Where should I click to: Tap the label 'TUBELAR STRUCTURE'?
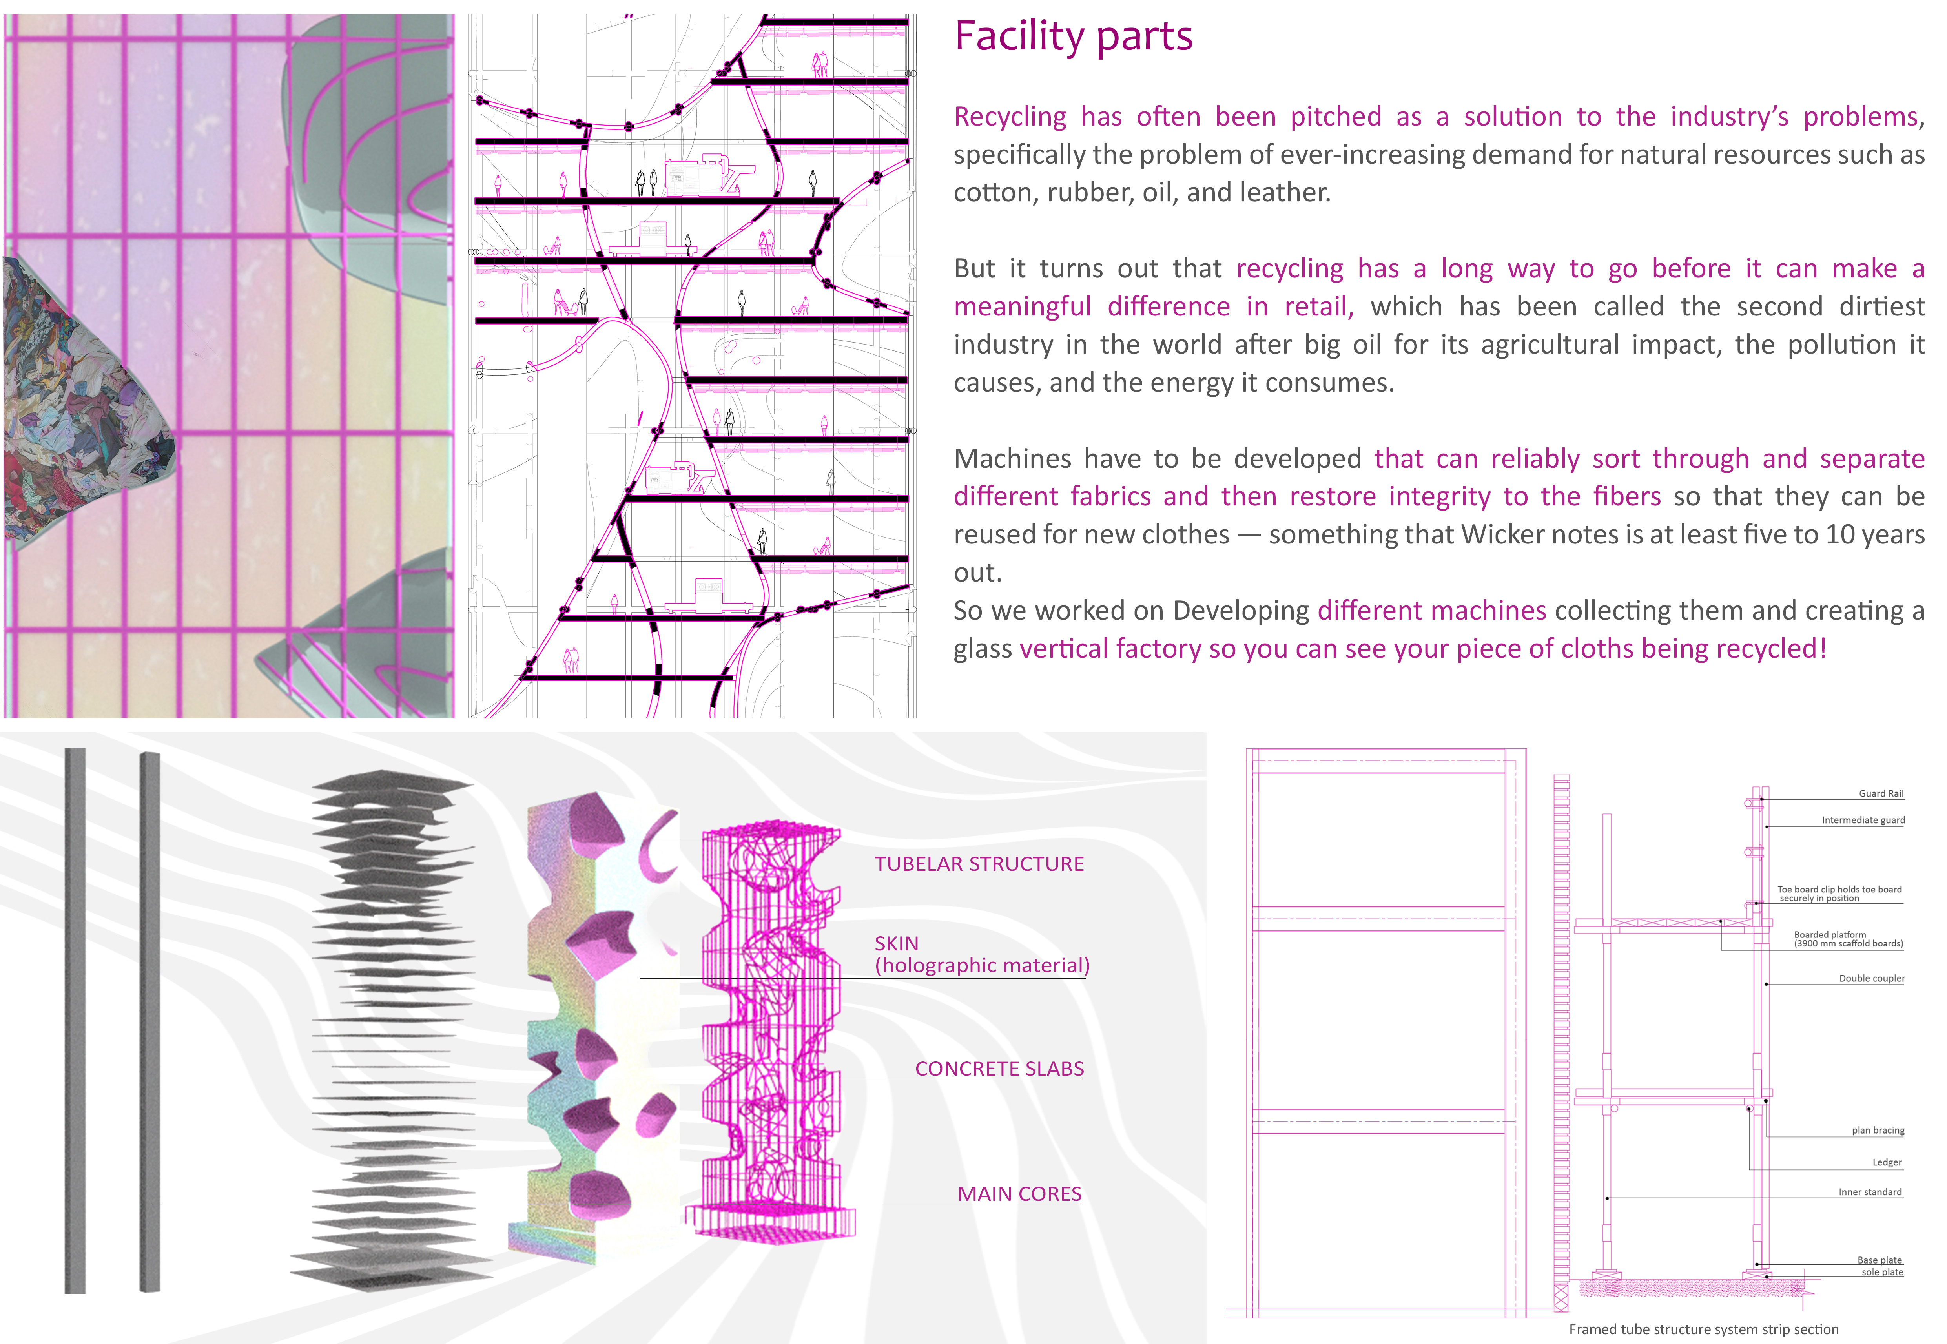coord(979,864)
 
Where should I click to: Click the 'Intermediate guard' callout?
coord(1863,820)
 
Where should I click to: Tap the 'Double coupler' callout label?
coord(1871,979)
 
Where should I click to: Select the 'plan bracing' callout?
coord(1878,1130)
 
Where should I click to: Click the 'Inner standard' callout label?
coord(1870,1192)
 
